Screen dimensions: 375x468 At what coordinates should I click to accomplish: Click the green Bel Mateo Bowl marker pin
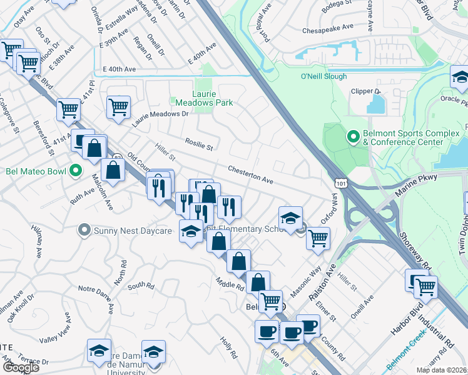(76, 170)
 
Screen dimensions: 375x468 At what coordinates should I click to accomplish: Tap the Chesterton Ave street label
(250, 174)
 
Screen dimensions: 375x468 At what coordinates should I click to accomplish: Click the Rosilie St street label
(199, 145)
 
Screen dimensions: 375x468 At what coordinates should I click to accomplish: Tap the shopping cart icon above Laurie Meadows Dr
(118, 107)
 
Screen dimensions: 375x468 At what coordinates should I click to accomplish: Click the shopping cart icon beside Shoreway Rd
(425, 287)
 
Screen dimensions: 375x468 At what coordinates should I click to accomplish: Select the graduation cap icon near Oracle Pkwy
(460, 78)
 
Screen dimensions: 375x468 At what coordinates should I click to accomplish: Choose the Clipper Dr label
(366, 91)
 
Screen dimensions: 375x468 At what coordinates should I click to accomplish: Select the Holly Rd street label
(228, 346)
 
